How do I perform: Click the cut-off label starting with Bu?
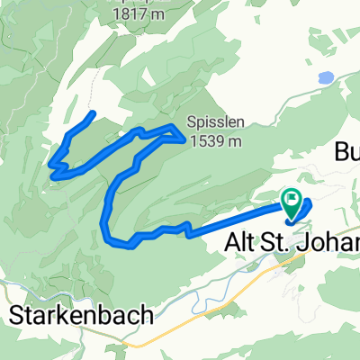346,149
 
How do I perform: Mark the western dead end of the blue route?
94,113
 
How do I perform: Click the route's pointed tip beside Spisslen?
184,139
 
